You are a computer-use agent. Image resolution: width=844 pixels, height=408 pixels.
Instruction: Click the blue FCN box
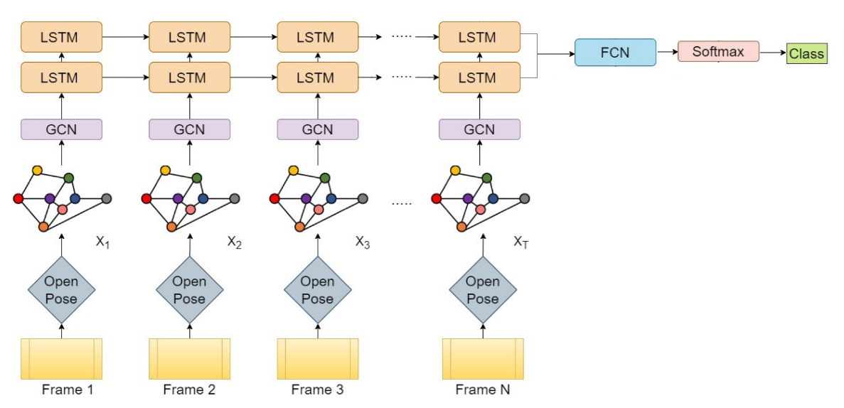(615, 53)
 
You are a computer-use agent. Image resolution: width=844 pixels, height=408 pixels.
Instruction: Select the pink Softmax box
(718, 52)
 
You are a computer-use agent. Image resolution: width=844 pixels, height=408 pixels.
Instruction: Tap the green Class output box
(807, 53)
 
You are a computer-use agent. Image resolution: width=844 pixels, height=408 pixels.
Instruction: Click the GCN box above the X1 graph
(61, 129)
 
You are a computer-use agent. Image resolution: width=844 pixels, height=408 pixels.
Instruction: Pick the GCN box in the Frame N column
(479, 129)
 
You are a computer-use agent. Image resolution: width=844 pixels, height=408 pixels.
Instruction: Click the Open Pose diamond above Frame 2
(189, 290)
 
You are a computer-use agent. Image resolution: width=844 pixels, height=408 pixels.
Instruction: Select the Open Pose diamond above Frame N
(482, 290)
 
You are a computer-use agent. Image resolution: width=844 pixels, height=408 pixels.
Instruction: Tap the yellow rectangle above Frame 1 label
(61, 359)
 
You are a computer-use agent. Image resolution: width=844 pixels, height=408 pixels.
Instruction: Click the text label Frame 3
(317, 390)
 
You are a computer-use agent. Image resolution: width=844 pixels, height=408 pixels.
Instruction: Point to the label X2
(235, 242)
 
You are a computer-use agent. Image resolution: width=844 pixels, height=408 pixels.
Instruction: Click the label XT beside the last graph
(521, 242)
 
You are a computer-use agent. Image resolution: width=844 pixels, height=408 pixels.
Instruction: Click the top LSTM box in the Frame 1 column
(61, 36)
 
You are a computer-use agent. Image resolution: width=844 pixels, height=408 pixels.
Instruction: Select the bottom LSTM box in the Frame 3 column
(317, 77)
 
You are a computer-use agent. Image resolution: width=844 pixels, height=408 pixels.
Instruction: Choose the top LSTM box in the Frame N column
(479, 36)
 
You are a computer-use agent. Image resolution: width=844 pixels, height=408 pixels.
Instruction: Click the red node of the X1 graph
(18, 198)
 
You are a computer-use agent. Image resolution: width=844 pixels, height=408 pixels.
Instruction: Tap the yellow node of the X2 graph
(166, 170)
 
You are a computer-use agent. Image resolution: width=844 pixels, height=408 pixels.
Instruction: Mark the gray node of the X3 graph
(363, 198)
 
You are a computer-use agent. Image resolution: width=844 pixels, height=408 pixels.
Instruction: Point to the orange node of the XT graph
(461, 227)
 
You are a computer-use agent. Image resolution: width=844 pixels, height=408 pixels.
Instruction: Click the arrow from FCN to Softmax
(666, 52)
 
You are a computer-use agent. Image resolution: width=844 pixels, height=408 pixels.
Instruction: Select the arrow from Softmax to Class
(772, 53)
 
